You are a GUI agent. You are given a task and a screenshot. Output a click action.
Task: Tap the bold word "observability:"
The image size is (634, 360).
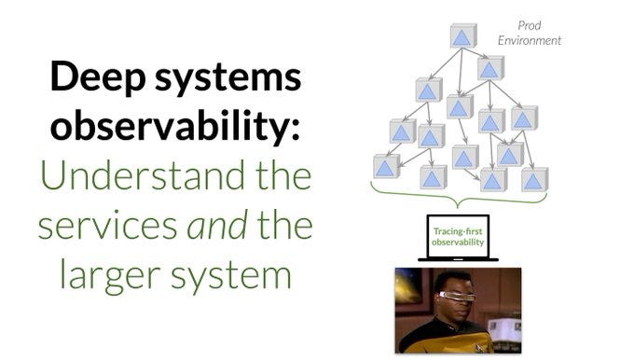[175, 127]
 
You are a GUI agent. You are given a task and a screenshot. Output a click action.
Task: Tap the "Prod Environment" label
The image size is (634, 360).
[529, 34]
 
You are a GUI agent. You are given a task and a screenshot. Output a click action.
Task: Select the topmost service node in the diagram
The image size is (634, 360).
[463, 36]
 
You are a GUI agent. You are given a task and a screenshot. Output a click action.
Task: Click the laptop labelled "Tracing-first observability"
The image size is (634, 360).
[458, 239]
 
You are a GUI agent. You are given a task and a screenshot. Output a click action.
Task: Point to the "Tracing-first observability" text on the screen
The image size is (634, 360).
[458, 233]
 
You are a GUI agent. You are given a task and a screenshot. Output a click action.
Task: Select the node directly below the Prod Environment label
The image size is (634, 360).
[490, 67]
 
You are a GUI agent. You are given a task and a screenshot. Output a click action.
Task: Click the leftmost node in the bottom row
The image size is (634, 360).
[386, 166]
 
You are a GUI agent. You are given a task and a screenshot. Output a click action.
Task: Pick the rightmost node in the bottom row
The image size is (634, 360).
[534, 178]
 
